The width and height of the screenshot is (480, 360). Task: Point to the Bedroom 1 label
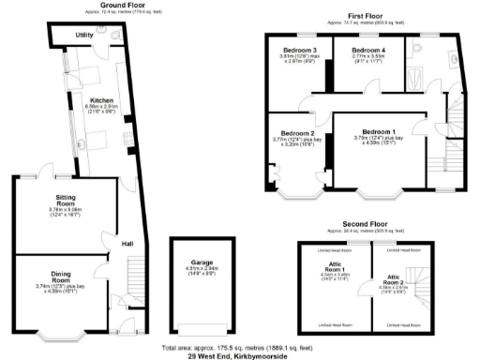[379, 132]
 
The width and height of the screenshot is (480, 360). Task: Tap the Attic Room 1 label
[334, 269]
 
